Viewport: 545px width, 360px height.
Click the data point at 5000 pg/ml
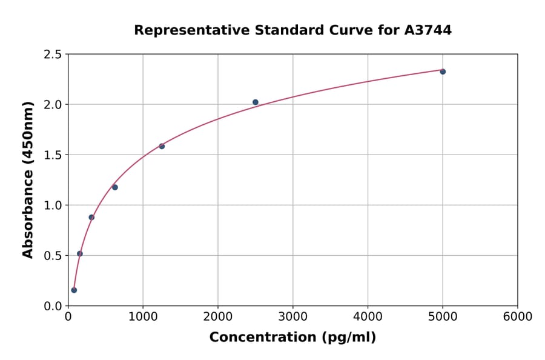point(443,72)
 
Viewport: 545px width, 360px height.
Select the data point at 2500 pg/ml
point(256,102)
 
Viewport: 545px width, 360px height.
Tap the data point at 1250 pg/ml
point(162,146)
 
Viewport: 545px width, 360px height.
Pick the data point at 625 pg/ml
point(115,187)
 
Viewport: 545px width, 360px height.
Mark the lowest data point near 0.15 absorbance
point(74,290)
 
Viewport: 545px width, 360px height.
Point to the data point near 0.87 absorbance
point(91,217)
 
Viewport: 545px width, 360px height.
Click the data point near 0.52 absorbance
point(80,253)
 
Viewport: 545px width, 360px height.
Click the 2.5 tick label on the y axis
point(52,55)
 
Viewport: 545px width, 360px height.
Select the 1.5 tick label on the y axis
point(52,155)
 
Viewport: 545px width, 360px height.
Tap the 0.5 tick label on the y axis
point(52,256)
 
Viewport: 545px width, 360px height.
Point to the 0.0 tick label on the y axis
point(52,306)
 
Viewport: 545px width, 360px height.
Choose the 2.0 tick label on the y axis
point(52,105)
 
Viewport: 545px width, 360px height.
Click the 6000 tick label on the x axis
point(518,317)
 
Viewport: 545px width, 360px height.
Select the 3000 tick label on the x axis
point(293,317)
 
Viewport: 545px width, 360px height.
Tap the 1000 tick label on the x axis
point(143,317)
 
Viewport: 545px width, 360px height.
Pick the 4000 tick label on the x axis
point(368,317)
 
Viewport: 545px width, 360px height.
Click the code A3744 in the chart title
point(428,30)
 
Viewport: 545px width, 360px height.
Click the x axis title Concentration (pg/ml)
point(292,338)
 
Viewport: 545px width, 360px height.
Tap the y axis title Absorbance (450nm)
point(28,179)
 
